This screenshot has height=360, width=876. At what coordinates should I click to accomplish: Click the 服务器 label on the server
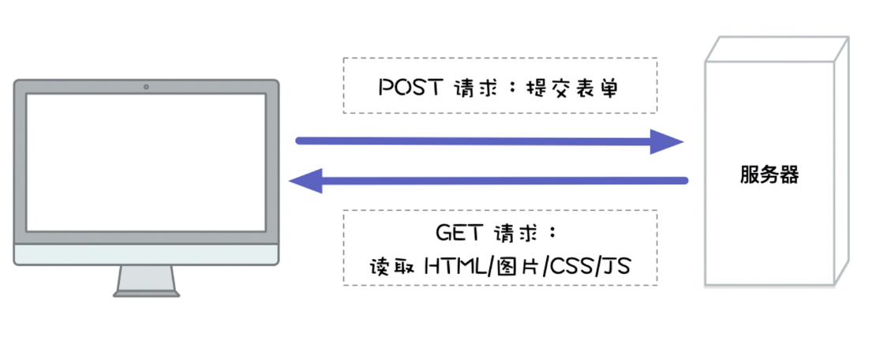click(x=769, y=174)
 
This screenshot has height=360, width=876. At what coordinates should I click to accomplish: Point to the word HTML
click(x=456, y=267)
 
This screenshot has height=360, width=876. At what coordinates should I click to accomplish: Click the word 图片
click(x=515, y=267)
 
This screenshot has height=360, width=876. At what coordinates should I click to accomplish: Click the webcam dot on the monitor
click(x=146, y=86)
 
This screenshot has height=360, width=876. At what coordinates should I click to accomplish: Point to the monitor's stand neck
click(x=146, y=277)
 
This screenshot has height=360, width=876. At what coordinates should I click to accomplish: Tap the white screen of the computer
click(x=146, y=162)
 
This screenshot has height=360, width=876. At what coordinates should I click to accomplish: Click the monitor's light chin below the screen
click(x=146, y=254)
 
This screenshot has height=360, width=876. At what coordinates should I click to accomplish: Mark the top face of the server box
click(x=777, y=49)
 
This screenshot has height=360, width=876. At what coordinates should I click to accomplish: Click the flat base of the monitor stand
click(x=146, y=293)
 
